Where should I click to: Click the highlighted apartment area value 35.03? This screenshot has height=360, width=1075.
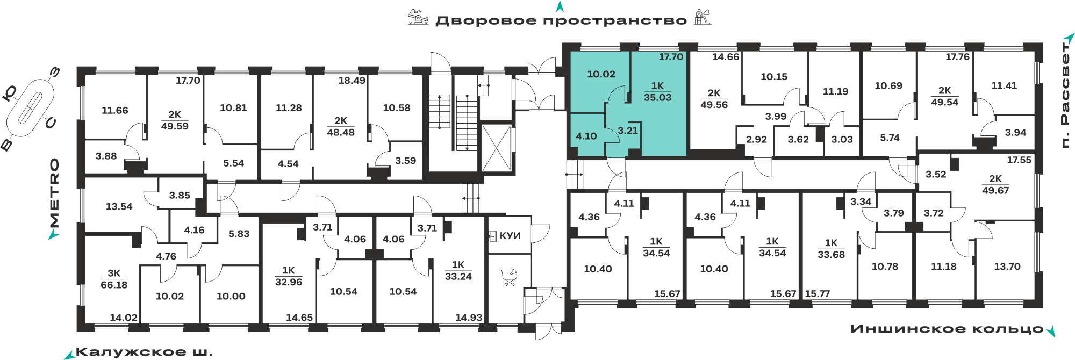coord(657,98)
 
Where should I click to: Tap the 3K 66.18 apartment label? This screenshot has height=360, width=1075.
coord(114,279)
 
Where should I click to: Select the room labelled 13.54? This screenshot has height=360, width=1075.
coord(119,206)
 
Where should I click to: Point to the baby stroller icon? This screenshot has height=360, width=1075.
coord(509,277)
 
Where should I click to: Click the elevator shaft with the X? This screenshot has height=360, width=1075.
coord(496,148)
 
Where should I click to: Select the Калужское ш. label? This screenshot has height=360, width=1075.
coord(144,352)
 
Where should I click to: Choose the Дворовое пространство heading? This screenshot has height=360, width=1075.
coord(561,21)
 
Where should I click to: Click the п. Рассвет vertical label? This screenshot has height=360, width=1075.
coord(1065,95)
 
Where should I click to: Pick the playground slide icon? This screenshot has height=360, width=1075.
coord(702,17)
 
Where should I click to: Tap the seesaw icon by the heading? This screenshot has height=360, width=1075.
coord(418,17)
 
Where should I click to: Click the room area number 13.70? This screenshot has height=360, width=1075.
coord(1007,267)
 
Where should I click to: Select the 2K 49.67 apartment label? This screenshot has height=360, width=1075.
coord(995,185)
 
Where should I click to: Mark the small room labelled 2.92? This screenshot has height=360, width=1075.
coord(756,140)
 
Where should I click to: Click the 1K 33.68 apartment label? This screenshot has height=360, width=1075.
coord(831,249)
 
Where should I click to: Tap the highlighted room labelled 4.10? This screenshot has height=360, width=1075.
coord(586,136)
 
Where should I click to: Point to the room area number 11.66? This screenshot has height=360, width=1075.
coord(115,111)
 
